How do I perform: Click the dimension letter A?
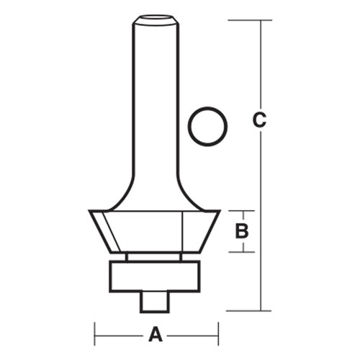click(156, 335)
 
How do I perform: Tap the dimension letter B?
click(242, 231)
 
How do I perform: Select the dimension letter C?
click(260, 120)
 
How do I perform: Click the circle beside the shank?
click(208, 127)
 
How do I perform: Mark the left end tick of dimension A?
click(95, 335)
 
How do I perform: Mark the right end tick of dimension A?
click(218, 335)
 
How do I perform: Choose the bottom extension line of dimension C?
click(248, 311)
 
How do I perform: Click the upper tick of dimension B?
click(242, 211)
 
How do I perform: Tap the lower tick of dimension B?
click(242, 251)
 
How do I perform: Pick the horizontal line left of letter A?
click(119, 335)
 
